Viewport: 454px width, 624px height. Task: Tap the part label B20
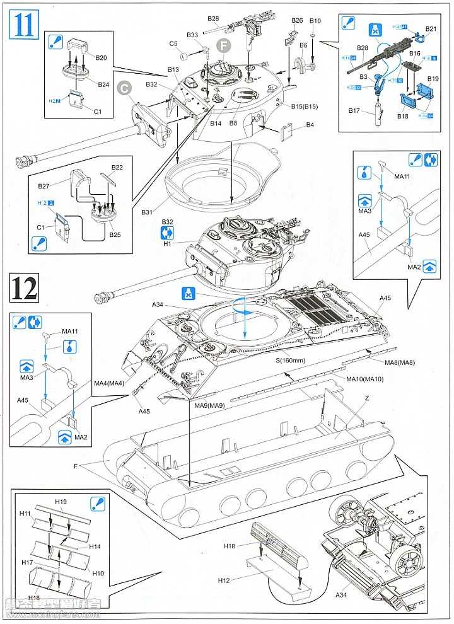pyautogui.click(x=101, y=57)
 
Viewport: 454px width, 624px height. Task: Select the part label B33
pyautogui.click(x=193, y=35)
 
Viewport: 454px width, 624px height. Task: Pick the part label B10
pyautogui.click(x=315, y=21)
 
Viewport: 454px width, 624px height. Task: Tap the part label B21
pyautogui.click(x=431, y=28)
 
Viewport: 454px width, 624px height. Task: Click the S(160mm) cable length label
pyautogui.click(x=290, y=361)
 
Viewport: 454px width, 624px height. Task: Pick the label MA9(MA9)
pyautogui.click(x=209, y=405)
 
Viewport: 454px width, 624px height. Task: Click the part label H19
pyautogui.click(x=61, y=501)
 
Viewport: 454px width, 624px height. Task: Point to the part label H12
pyautogui.click(x=225, y=579)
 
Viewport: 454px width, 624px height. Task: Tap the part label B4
pyautogui.click(x=310, y=125)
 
